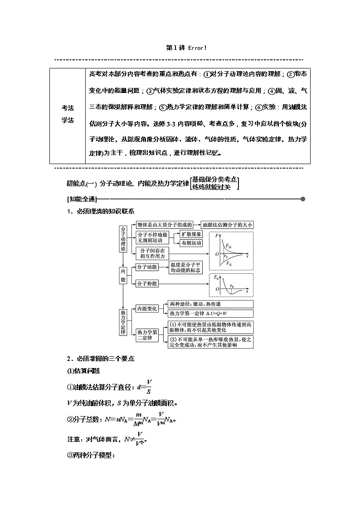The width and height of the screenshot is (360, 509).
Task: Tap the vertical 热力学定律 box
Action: pyautogui.click(x=123, y=322)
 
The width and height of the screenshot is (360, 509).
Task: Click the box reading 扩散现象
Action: pyautogui.click(x=191, y=234)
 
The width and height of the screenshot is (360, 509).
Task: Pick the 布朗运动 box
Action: pyautogui.click(x=191, y=243)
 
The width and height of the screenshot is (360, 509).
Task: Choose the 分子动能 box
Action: pyautogui.click(x=147, y=267)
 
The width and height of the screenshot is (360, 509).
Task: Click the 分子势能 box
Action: pyautogui.click(x=147, y=283)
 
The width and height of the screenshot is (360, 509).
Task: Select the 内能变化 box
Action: pyautogui.click(x=147, y=309)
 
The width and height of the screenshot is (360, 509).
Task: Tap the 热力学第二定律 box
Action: pyautogui.click(x=147, y=335)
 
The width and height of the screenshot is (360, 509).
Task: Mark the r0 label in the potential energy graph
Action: pyautogui.click(x=232, y=286)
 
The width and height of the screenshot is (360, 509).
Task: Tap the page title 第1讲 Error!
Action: pyautogui.click(x=180, y=48)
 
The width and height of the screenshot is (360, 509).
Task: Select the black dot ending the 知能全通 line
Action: pyautogui.click(x=302, y=199)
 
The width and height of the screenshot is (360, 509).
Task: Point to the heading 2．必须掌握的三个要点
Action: pyautogui.click(x=101, y=359)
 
